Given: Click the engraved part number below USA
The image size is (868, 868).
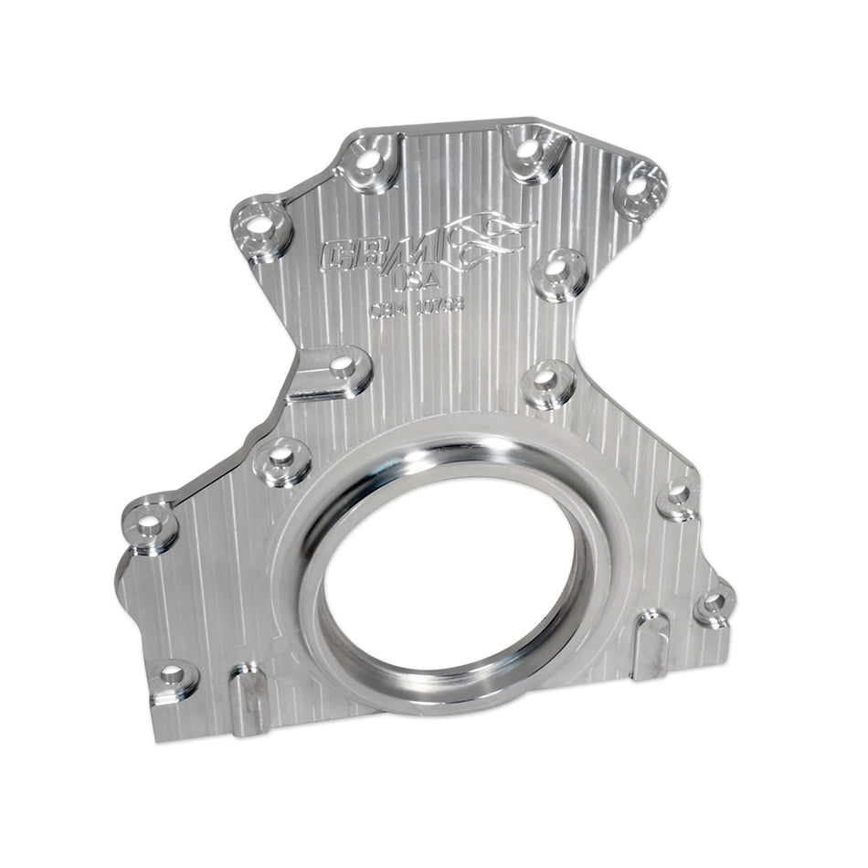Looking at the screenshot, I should (417, 306).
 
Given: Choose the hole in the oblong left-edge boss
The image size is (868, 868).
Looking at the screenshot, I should (342, 364).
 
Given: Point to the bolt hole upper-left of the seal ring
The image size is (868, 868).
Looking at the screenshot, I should (281, 454).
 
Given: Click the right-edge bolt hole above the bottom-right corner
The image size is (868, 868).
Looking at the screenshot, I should (677, 492).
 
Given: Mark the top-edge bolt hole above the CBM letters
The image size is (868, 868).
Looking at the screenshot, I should (368, 161).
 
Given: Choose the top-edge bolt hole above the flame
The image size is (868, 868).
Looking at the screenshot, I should (527, 148).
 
